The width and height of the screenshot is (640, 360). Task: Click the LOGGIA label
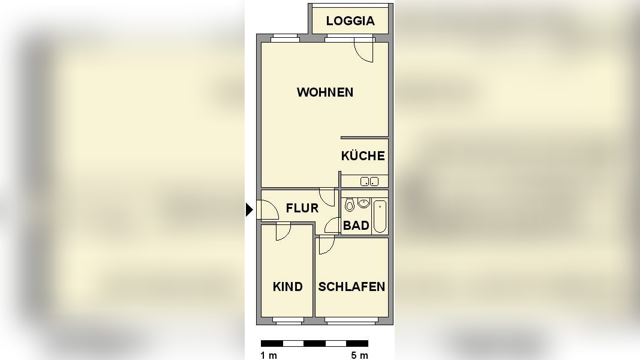point(350,21)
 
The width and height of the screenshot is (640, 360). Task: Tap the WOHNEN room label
point(325,92)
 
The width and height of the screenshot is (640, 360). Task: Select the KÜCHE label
point(363,156)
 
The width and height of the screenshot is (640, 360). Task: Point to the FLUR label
point(302,208)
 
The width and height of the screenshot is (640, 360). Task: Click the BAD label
point(356,226)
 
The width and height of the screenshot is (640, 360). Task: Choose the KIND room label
point(288,287)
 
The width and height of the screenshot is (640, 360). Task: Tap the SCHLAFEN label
point(351,287)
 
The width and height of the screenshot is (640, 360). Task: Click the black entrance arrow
point(250,209)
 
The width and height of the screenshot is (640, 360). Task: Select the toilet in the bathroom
point(350,205)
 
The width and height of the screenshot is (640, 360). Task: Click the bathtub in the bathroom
point(380,216)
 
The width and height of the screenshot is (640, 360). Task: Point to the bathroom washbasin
point(363,203)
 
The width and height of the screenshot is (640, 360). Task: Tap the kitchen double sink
point(369,181)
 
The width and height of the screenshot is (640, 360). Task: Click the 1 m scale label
point(269,355)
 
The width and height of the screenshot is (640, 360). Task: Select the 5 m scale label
point(360,355)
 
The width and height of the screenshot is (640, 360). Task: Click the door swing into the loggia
point(364,50)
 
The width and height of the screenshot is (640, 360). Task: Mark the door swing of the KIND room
point(283,231)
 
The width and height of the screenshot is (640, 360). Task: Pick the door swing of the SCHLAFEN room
point(326,244)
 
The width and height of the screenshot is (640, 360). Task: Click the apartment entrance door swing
point(268,209)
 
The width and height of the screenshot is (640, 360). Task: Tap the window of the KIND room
point(287,320)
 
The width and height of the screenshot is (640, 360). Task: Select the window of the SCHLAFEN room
point(351,320)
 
